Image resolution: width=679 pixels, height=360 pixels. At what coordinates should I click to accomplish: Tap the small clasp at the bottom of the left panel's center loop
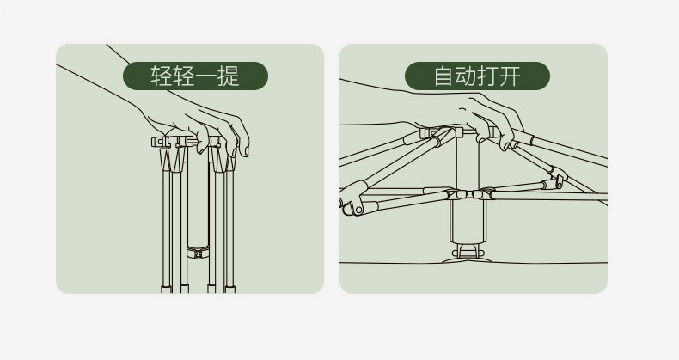pos(198,252)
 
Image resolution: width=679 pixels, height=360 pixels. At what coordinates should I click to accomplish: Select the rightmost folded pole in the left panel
pos(229,223)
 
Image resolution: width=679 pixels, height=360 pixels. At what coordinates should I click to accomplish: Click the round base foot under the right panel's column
pos(465,255)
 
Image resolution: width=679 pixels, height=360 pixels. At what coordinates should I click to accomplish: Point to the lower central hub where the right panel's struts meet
pos(465,195)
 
